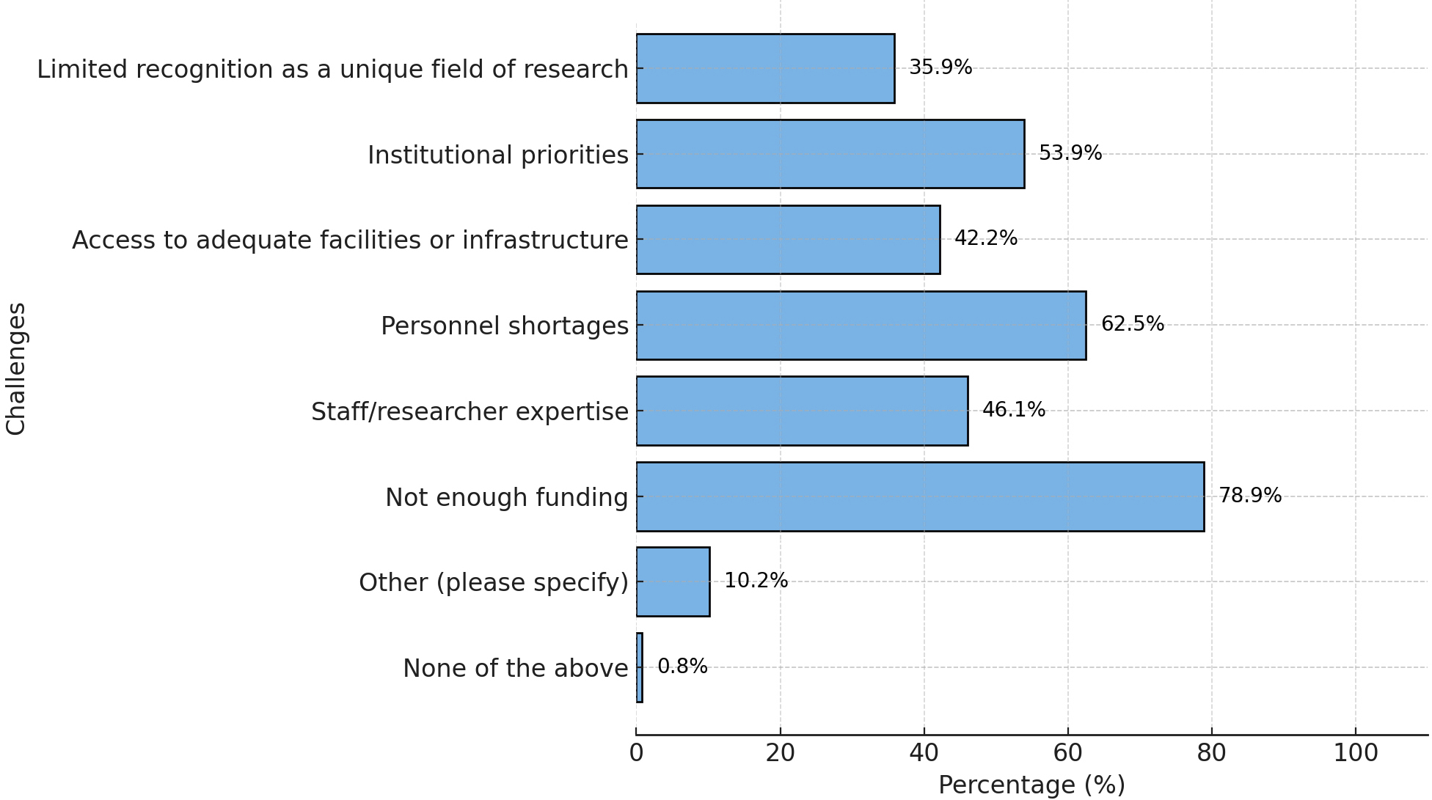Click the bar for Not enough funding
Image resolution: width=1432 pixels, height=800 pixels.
[920, 496]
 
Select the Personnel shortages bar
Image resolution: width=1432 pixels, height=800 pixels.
[861, 326]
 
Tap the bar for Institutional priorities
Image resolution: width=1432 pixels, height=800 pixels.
[830, 154]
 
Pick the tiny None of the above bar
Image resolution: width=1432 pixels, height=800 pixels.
[640, 667]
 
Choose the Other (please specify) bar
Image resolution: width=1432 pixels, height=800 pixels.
[673, 581]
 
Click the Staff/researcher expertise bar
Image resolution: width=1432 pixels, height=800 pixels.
[802, 411]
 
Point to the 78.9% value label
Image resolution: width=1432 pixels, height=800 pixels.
[1250, 496]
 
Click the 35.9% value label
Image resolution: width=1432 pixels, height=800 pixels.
[940, 67]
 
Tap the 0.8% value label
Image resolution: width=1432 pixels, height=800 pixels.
[682, 667]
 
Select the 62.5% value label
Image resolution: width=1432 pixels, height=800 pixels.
[1133, 324]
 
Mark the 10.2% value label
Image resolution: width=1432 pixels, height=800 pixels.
[756, 581]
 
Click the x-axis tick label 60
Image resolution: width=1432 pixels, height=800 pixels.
[1067, 754]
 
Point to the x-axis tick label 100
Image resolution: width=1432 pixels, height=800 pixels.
[1355, 754]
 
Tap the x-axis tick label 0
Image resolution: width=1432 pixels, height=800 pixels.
[636, 754]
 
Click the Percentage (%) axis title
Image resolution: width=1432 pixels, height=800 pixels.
[1031, 785]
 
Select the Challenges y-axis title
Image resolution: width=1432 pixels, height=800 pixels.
[16, 369]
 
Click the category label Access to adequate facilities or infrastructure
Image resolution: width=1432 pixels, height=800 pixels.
[350, 241]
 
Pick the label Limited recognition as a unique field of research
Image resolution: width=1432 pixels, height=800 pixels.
[332, 70]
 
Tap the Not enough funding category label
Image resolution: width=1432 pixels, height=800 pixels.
[506, 498]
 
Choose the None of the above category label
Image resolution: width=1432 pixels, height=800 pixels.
[515, 669]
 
